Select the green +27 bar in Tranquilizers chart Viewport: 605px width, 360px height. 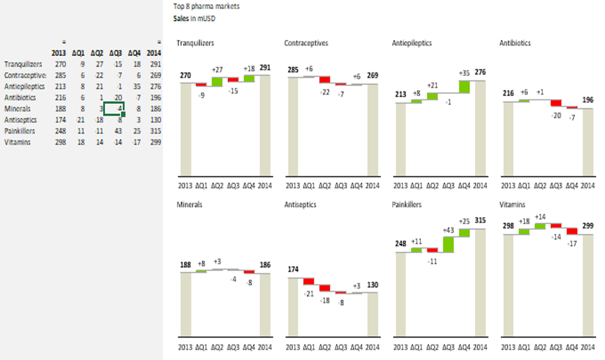217,81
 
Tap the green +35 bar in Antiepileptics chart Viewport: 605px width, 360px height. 464,86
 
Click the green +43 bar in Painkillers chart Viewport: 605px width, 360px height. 448,245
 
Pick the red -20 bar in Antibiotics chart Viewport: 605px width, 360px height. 555,103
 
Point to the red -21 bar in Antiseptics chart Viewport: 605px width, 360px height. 308,281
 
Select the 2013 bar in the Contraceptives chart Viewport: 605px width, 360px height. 293,126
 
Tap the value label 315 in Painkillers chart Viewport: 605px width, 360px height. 478,221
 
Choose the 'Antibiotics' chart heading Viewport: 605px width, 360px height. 516,43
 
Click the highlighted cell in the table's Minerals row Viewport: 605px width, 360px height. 113,109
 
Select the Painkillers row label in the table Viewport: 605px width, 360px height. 19,131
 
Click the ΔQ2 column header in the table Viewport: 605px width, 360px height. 97,53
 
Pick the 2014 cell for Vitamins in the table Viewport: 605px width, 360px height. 154,142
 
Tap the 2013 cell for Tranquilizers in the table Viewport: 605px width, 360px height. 60,64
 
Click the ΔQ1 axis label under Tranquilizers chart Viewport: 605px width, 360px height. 201,185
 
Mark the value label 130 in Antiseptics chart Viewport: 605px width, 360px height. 371,285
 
